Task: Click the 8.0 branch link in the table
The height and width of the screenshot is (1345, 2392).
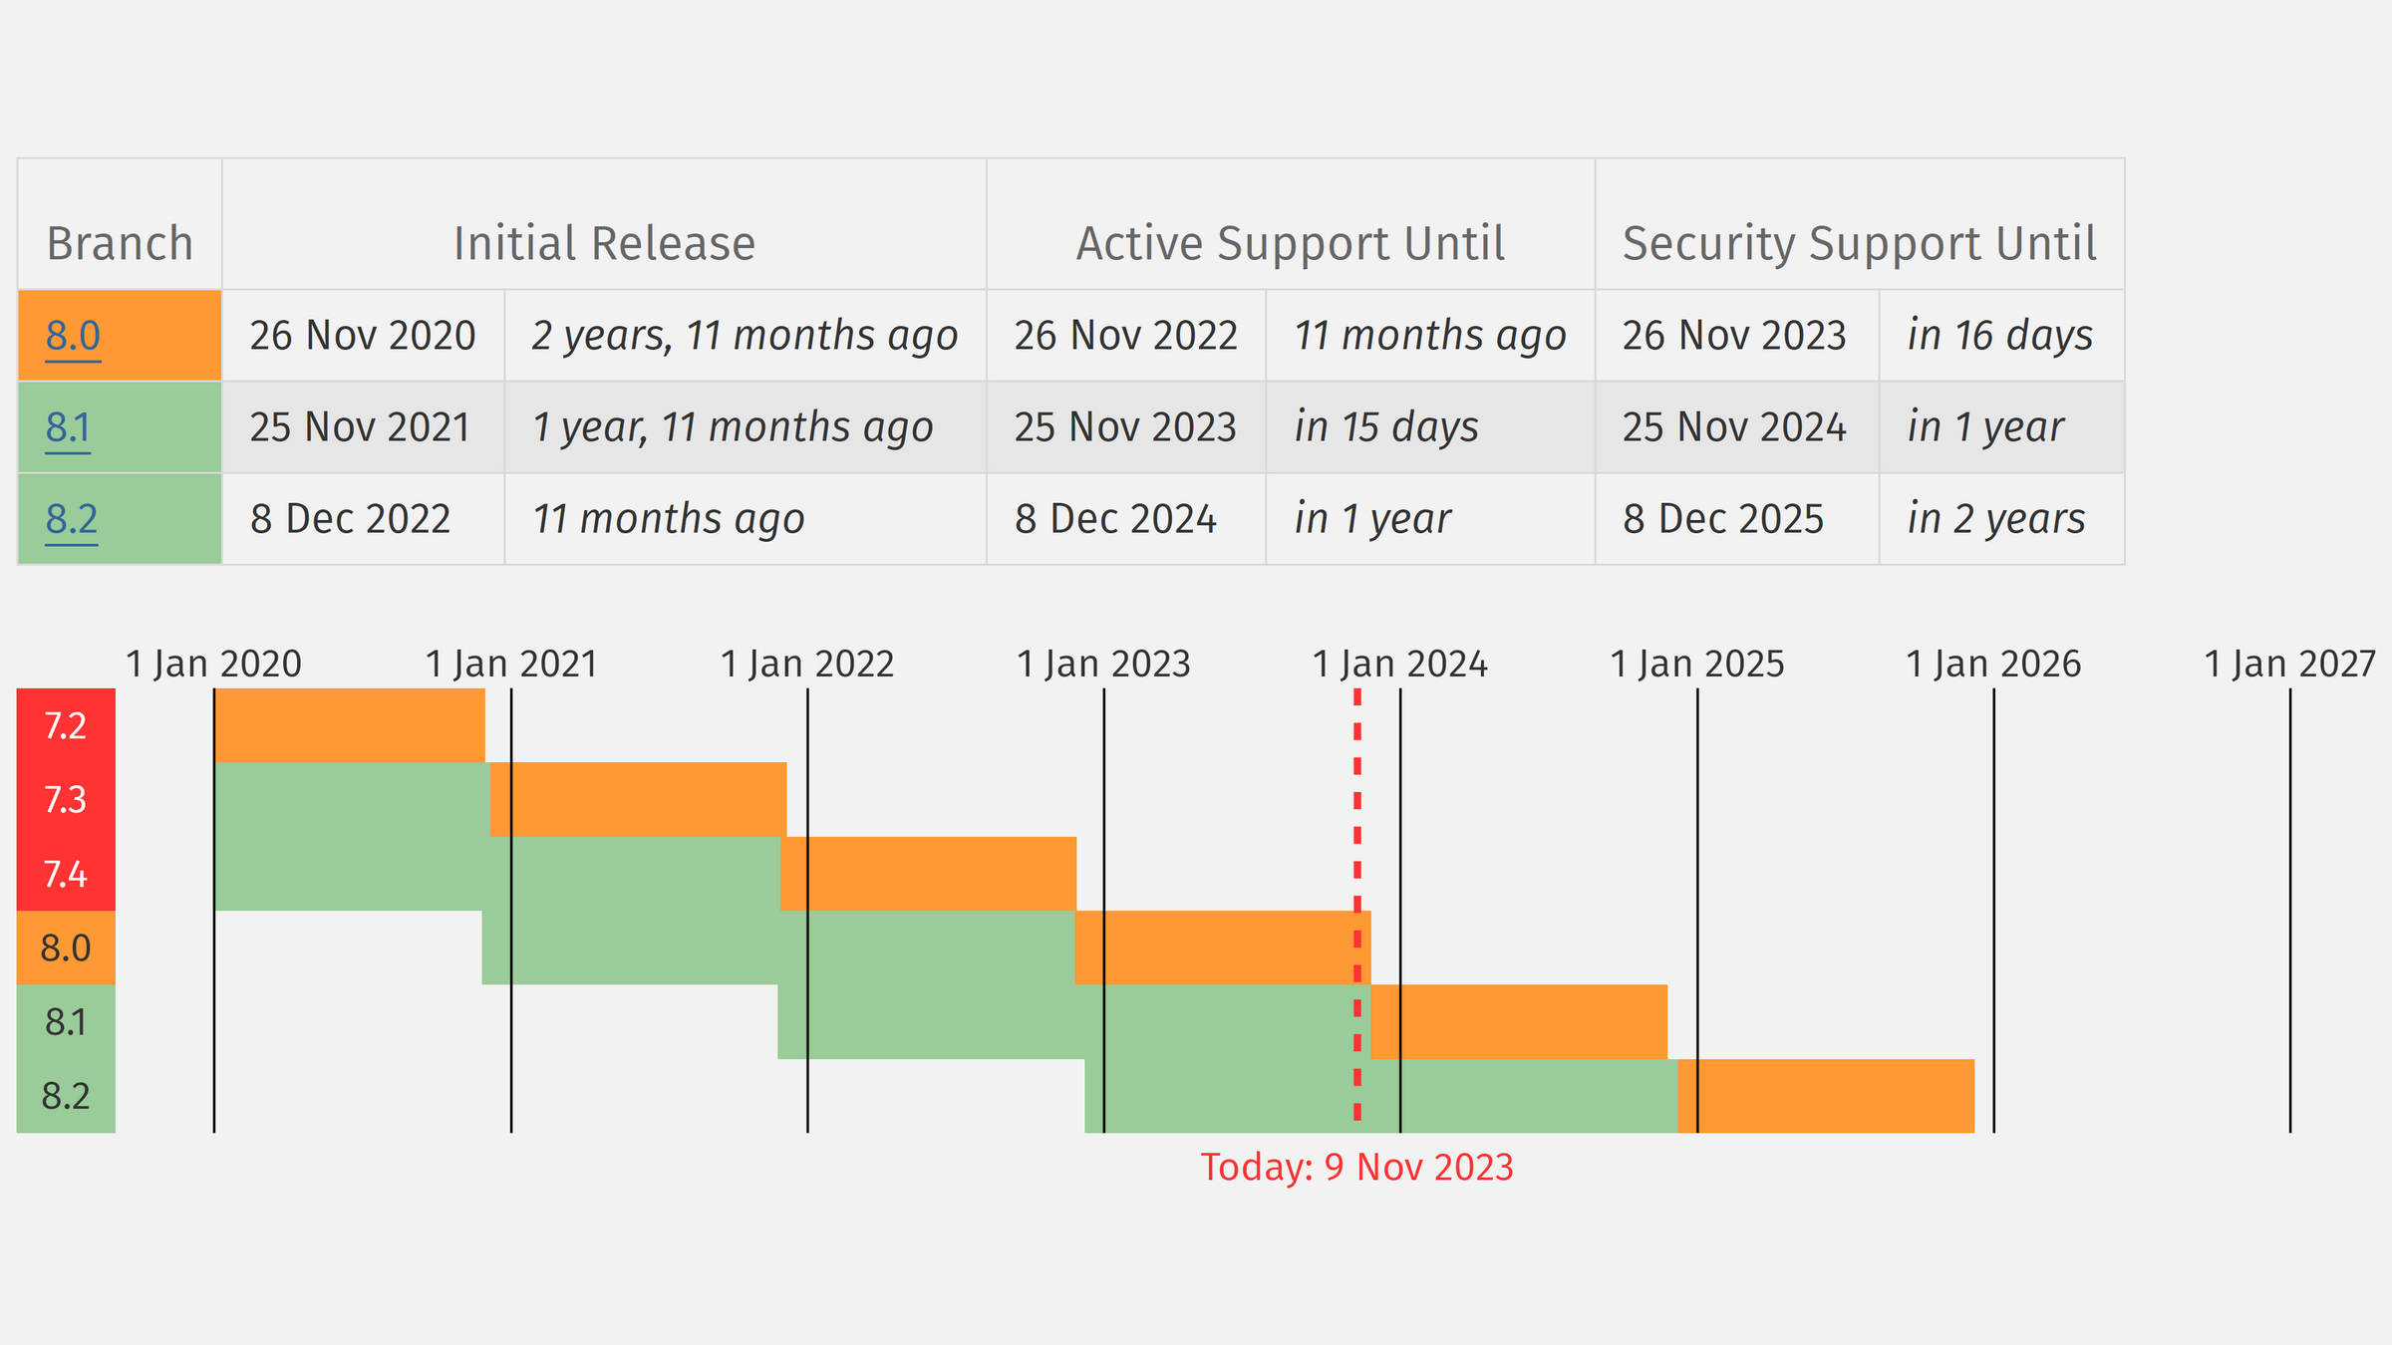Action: pyautogui.click(x=73, y=336)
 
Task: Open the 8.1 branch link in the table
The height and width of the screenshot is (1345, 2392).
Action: pyautogui.click(x=68, y=427)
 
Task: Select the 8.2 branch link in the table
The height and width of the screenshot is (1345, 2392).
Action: pyautogui.click(x=72, y=519)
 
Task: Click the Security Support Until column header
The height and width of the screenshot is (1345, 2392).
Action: pyautogui.click(x=1860, y=244)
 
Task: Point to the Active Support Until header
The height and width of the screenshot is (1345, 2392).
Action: pyautogui.click(x=1291, y=244)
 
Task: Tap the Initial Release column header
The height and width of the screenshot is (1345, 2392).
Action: pyautogui.click(x=604, y=244)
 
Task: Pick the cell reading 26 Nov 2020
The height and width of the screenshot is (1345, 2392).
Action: pyautogui.click(x=363, y=336)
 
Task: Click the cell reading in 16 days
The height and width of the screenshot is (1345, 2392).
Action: pyautogui.click(x=2000, y=336)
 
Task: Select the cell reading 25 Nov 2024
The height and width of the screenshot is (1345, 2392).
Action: pyautogui.click(x=1734, y=427)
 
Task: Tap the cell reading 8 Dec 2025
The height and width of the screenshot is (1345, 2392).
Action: pyautogui.click(x=1723, y=519)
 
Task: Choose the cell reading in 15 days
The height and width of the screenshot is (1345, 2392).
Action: pyautogui.click(x=1386, y=427)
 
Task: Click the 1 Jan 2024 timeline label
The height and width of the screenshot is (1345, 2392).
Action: pyautogui.click(x=1400, y=664)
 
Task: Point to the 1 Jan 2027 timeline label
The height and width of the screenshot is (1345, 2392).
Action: pyautogui.click(x=2290, y=664)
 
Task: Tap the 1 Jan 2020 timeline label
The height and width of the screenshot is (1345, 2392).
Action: pyautogui.click(x=214, y=664)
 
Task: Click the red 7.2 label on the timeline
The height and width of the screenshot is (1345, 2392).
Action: pyautogui.click(x=66, y=725)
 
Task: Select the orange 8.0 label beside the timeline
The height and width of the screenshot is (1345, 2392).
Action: pyautogui.click(x=66, y=947)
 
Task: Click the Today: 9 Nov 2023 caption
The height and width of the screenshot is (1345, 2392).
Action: pyautogui.click(x=1356, y=1167)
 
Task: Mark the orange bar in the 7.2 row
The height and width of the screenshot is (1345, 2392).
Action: pyautogui.click(x=350, y=725)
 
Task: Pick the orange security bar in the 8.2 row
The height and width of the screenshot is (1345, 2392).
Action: pyautogui.click(x=1826, y=1096)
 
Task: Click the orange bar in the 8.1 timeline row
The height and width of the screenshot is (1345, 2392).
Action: pyautogui.click(x=1519, y=1022)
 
